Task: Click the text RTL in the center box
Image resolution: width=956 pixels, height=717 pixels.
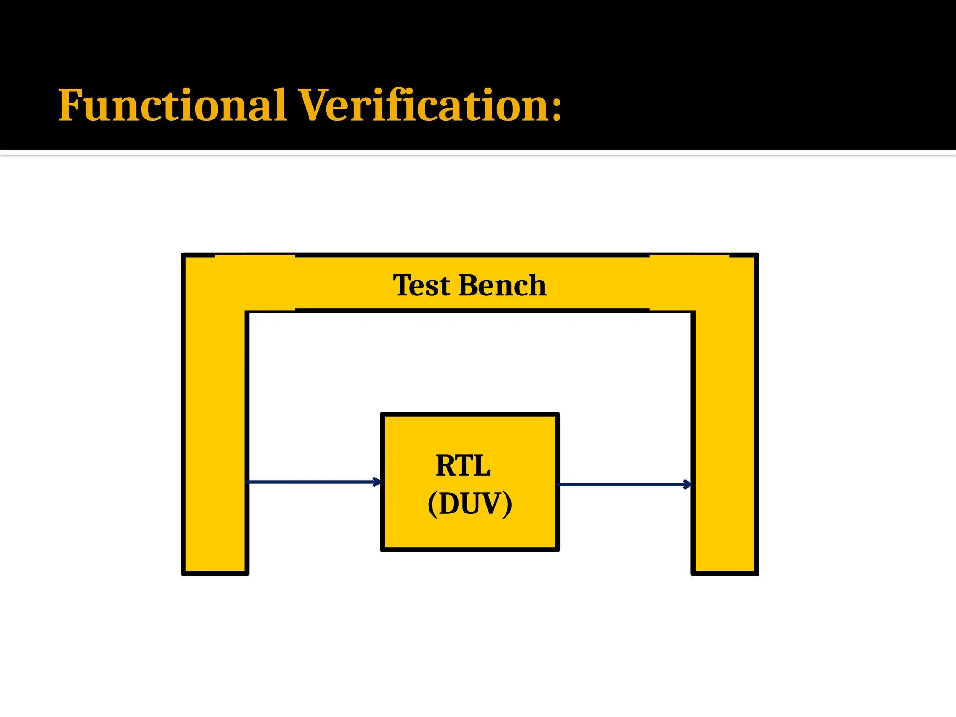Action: (463, 466)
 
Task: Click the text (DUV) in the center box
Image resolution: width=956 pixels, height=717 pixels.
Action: (470, 504)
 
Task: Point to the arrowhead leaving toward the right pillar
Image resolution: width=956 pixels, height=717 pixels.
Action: (688, 485)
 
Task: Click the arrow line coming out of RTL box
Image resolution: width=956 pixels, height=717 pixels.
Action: (621, 485)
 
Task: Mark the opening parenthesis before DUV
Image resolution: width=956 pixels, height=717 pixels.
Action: (432, 505)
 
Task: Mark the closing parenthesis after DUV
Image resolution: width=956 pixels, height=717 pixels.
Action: (507, 505)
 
